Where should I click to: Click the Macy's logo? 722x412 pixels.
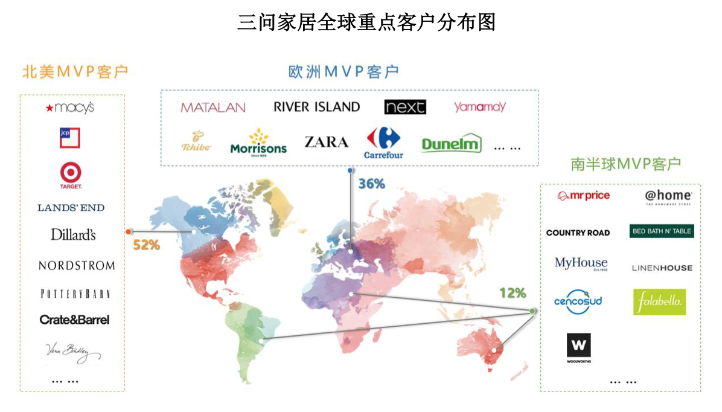(70, 108)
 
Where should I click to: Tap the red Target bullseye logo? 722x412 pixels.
(71, 175)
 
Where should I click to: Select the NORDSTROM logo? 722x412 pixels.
(77, 265)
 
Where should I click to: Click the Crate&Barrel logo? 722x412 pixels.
(74, 320)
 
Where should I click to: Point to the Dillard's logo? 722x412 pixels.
(73, 234)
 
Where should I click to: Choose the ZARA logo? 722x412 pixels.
(326, 142)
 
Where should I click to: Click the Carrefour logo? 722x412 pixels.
(383, 143)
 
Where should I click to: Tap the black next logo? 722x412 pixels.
(405, 107)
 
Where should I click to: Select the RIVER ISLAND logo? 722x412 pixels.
(316, 107)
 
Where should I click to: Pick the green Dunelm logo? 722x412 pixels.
(452, 144)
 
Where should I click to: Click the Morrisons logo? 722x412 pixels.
(258, 142)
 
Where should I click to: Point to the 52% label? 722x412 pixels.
(146, 245)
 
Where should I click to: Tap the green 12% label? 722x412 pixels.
(513, 293)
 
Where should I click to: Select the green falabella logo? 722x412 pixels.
(659, 301)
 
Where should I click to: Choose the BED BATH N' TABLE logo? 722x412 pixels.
(662, 231)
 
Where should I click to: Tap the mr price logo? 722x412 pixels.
(583, 196)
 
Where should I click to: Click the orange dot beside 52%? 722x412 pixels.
(129, 231)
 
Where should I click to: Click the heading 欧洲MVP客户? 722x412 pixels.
(343, 72)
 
